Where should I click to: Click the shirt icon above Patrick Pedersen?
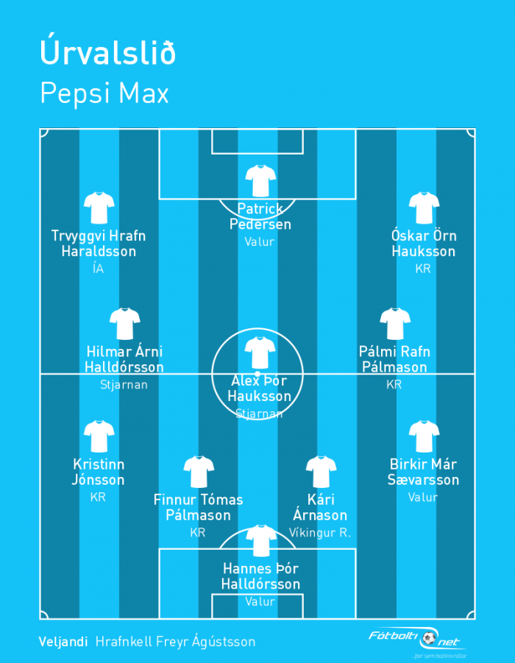260,180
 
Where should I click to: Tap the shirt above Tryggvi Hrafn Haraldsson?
99,208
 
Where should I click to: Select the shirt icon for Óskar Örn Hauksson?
424,208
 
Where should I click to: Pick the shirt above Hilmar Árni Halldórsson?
125,324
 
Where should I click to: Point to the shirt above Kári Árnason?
321,472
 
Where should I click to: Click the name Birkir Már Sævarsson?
423,472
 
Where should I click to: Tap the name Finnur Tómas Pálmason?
199,508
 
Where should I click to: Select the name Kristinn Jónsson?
98,472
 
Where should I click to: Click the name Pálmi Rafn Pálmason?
394,359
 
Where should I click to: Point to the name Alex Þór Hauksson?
259,388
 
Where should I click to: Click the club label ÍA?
98,268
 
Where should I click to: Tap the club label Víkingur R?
320,532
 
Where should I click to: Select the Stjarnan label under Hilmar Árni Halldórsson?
124,384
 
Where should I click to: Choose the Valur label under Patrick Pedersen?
260,241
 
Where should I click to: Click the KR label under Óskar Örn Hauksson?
423,269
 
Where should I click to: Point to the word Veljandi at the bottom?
63,642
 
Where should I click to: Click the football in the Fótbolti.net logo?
429,638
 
